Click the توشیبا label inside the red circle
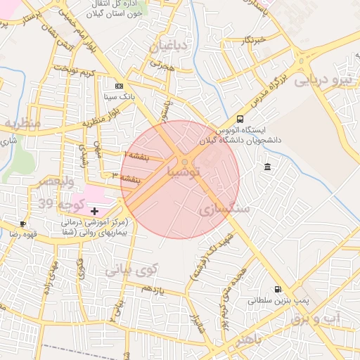[185, 172]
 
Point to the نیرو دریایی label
[321, 79]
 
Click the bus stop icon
[240, 120]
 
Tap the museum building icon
[268, 167]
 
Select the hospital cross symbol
[95, 211]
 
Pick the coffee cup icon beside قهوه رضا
[23, 224]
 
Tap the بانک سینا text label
[118, 96]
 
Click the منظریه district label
[22, 124]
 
